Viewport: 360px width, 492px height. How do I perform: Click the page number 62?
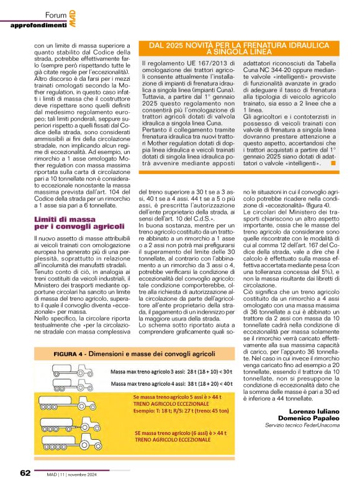tap(24, 473)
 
